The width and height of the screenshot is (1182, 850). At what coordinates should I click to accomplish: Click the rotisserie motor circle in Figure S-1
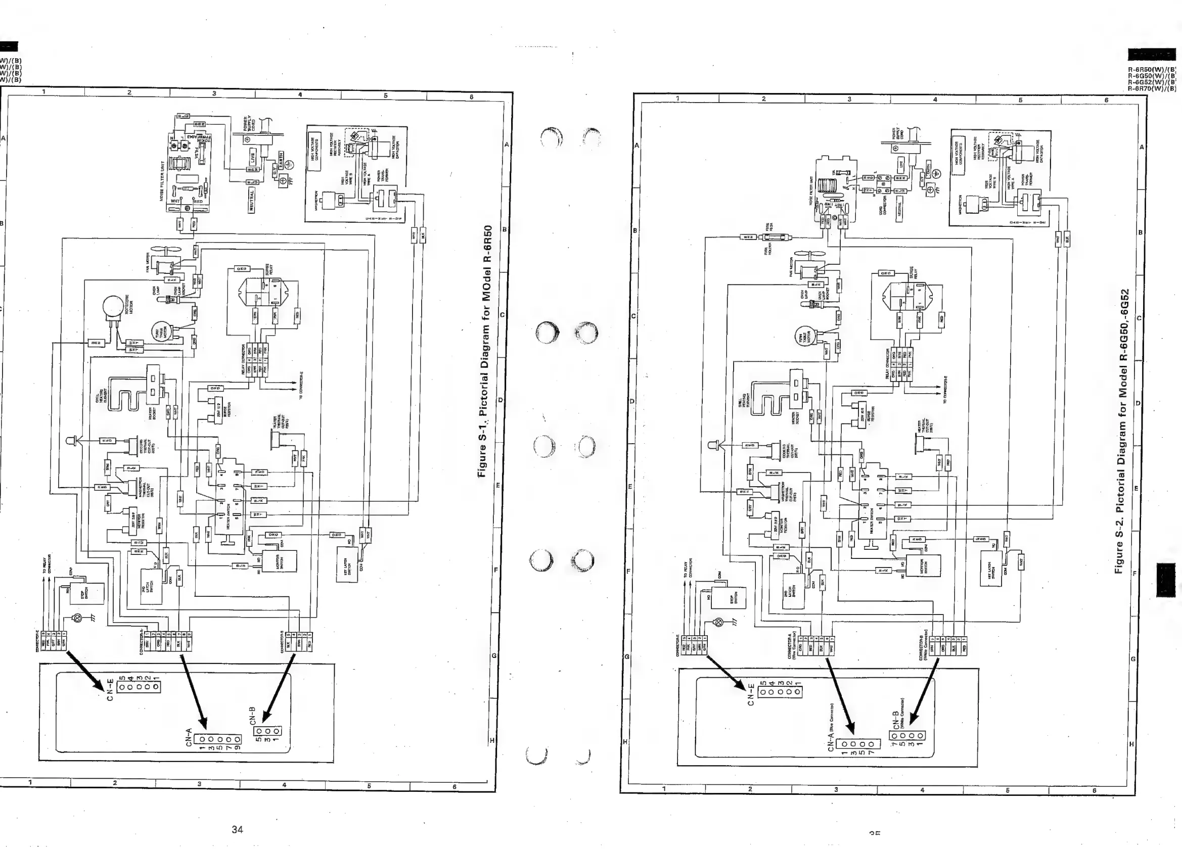pyautogui.click(x=113, y=307)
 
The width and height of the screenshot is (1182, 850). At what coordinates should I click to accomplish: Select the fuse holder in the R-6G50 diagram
pyautogui.click(x=776, y=238)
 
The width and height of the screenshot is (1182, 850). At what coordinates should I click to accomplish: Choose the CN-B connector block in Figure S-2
pyautogui.click(x=907, y=735)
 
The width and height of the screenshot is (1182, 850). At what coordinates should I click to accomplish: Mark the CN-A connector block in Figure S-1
pyautogui.click(x=217, y=739)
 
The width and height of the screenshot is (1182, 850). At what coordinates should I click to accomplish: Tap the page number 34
pyautogui.click(x=237, y=830)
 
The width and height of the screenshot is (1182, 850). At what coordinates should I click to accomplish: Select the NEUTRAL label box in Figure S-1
pyautogui.click(x=252, y=201)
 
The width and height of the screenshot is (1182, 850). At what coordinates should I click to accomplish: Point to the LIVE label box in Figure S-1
pyautogui.click(x=253, y=156)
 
